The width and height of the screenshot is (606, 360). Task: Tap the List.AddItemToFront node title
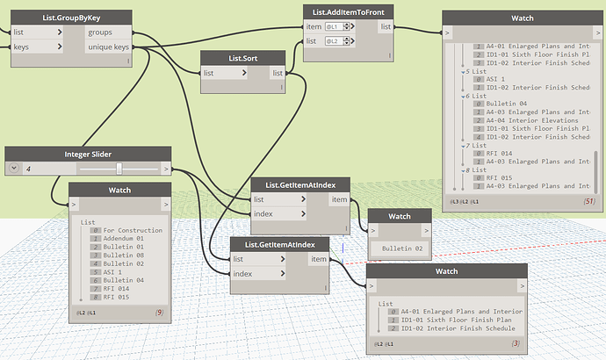(348, 11)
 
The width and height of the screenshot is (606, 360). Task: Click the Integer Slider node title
(89, 154)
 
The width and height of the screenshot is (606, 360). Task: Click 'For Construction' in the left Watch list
(133, 230)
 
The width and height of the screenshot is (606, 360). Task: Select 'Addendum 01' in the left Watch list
(124, 239)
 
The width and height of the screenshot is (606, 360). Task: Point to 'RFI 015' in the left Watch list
(117, 297)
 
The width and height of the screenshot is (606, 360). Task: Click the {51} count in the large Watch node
(588, 202)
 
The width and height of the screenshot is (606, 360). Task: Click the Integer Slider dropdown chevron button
(12, 168)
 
